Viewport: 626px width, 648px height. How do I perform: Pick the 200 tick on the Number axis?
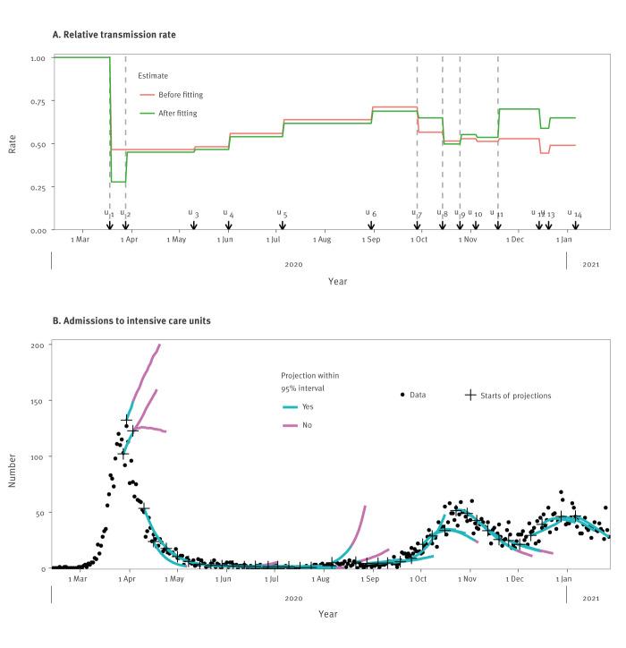pyautogui.click(x=36, y=345)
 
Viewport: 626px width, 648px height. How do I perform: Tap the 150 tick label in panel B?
pyautogui.click(x=36, y=401)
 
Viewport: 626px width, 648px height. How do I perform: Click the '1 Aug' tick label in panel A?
pyautogui.click(x=322, y=241)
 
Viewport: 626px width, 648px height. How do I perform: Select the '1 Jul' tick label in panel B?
pyautogui.click(x=271, y=579)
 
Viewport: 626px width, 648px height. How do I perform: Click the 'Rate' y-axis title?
pyautogui.click(x=13, y=144)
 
